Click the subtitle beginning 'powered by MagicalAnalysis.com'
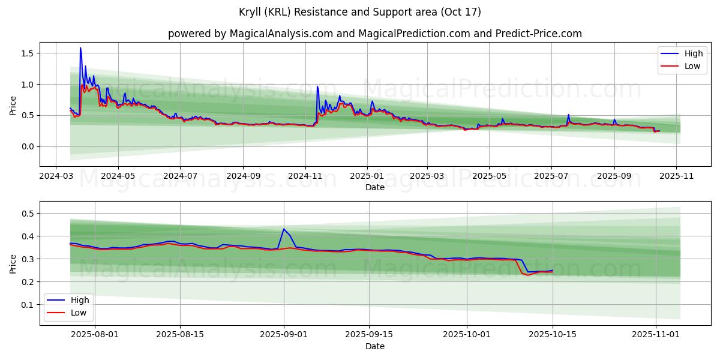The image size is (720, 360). click(x=375, y=34)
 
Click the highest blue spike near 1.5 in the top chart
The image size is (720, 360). click(x=80, y=48)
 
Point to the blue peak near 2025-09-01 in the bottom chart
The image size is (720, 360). click(x=284, y=229)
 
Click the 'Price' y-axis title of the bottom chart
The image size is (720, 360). click(x=13, y=263)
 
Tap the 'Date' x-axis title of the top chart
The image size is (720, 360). click(x=375, y=187)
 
